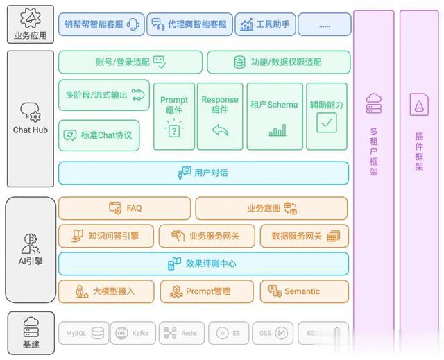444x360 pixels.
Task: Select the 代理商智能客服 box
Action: click(188, 24)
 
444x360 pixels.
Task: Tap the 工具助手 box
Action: click(266, 24)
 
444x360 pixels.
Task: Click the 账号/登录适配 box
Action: click(130, 62)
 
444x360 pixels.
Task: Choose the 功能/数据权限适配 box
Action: click(277, 62)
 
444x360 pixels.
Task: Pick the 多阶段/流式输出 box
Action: click(104, 95)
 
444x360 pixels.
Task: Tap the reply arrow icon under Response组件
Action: click(220, 130)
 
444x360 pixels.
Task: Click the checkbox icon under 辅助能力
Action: click(326, 123)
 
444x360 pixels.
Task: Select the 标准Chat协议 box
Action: click(99, 135)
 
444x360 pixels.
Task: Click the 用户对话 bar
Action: click(203, 173)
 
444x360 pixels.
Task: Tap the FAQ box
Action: click(124, 208)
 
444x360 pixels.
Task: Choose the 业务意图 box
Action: click(271, 208)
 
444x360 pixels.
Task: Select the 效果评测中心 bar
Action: click(203, 264)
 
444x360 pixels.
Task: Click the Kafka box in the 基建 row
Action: click(132, 334)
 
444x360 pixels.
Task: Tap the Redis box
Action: click(181, 334)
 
